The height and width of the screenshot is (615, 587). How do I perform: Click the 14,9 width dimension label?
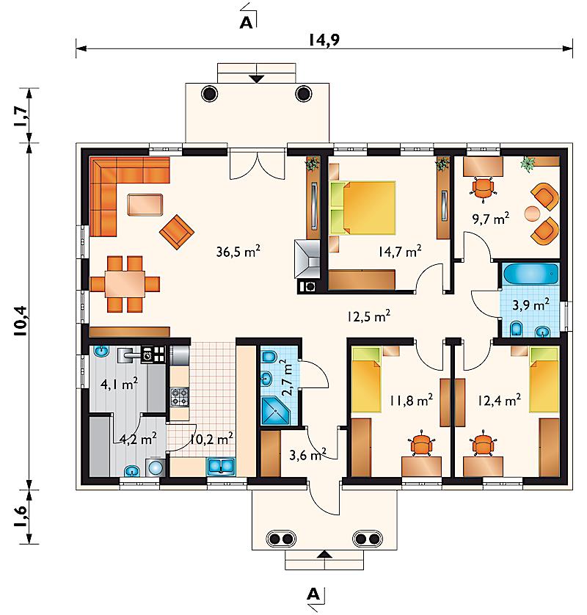[x=324, y=40]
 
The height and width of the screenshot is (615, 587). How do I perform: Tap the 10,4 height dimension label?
[x=21, y=321]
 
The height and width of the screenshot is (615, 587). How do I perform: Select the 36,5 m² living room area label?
[x=238, y=251]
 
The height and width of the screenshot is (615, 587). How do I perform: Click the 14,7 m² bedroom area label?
[x=400, y=251]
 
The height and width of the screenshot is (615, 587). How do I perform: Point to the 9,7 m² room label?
[x=491, y=218]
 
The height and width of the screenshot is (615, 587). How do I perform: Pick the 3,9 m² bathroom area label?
[x=531, y=305]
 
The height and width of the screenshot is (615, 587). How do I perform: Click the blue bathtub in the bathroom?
[x=531, y=274]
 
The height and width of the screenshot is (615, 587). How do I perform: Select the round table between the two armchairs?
[x=532, y=214]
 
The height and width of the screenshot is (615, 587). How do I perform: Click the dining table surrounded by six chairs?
[x=125, y=284]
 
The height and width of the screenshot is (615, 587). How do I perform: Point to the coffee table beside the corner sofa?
[x=145, y=205]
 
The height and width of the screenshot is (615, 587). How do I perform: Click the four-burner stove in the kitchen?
[x=180, y=396]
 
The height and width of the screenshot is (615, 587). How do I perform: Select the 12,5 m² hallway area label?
[x=368, y=316]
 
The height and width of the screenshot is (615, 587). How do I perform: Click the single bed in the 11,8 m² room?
[x=366, y=379]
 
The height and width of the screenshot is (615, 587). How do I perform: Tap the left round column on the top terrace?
[x=209, y=94]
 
